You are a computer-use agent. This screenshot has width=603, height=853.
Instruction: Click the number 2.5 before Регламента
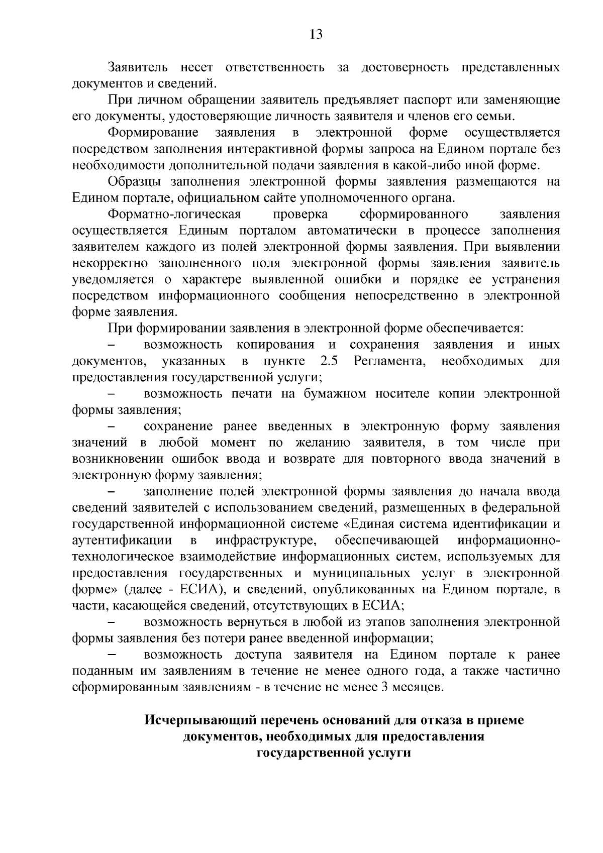329,361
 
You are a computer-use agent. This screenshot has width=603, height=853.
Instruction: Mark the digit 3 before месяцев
384,687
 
